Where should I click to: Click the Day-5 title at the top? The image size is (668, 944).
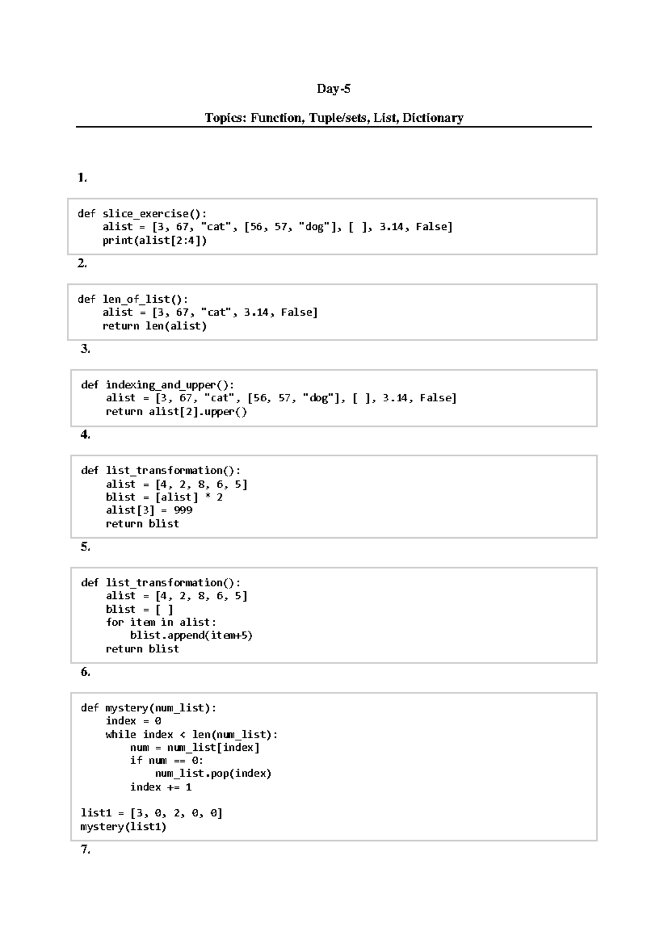[x=333, y=89]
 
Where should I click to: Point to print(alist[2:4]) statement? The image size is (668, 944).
[x=154, y=240]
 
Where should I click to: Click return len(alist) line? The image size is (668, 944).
[x=154, y=326]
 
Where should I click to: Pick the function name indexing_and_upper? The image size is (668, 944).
[x=166, y=385]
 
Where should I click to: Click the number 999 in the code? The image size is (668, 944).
[x=183, y=510]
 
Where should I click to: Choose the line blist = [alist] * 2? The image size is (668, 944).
[x=164, y=497]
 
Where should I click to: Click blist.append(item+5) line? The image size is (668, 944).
[x=191, y=636]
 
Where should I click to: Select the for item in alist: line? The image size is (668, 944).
[x=161, y=622]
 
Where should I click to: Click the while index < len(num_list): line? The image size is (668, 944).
[x=191, y=735]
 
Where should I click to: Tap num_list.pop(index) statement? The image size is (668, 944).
[x=213, y=774]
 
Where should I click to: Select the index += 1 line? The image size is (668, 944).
[x=160, y=787]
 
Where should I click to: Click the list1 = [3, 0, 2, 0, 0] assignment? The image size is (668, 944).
[x=151, y=813]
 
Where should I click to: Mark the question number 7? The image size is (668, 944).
[x=85, y=849]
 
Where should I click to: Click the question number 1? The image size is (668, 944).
[x=82, y=178]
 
